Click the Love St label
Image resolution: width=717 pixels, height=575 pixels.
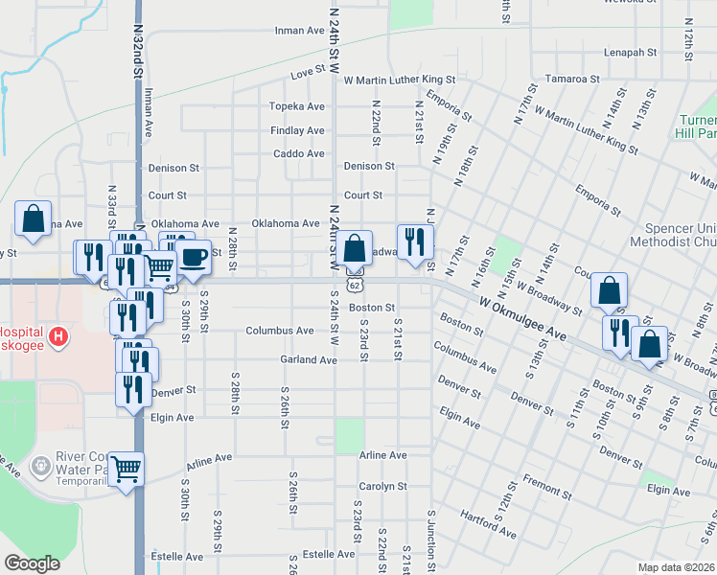click(308, 73)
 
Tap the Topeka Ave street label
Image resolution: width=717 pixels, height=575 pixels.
click(297, 105)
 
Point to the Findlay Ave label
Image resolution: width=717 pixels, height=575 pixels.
click(297, 130)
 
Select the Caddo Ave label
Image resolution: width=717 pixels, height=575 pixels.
click(299, 153)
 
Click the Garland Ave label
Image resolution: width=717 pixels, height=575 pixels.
click(309, 360)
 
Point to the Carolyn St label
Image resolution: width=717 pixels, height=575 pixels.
click(383, 486)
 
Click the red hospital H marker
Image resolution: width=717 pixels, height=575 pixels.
click(58, 336)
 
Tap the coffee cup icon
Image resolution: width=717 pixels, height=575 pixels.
click(193, 257)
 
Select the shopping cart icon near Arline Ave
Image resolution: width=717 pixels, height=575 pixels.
click(126, 470)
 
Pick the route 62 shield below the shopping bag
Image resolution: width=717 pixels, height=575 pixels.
click(355, 285)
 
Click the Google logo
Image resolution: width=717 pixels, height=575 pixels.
click(32, 563)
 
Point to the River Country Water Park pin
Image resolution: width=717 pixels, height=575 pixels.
click(40, 468)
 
